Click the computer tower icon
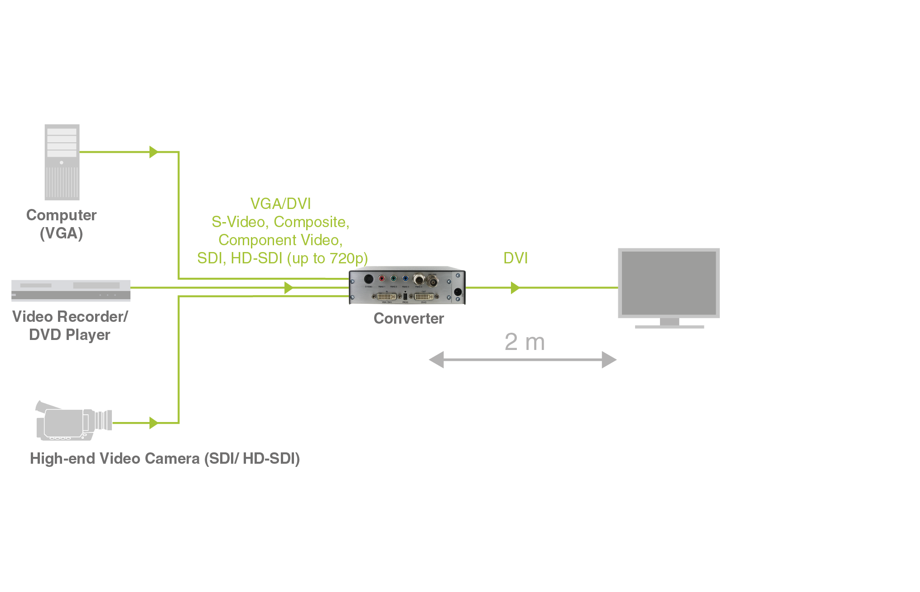coord(62,162)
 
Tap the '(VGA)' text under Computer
coord(61,233)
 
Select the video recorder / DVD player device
coord(71,291)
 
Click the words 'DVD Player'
coord(70,335)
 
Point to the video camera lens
coord(104,420)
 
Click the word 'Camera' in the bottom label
coord(172,459)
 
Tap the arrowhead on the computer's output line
coord(154,152)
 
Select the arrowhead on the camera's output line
coord(154,423)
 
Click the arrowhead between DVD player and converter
coord(289,287)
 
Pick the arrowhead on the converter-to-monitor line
coord(515,287)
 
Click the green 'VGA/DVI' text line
coord(281,204)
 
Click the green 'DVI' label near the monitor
coord(515,258)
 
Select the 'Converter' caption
coord(409,319)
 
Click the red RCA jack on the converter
coord(382,278)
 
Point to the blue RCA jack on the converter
coord(405,278)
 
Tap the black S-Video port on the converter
coord(369,279)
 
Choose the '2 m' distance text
coord(525,342)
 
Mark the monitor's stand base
coord(670,326)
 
